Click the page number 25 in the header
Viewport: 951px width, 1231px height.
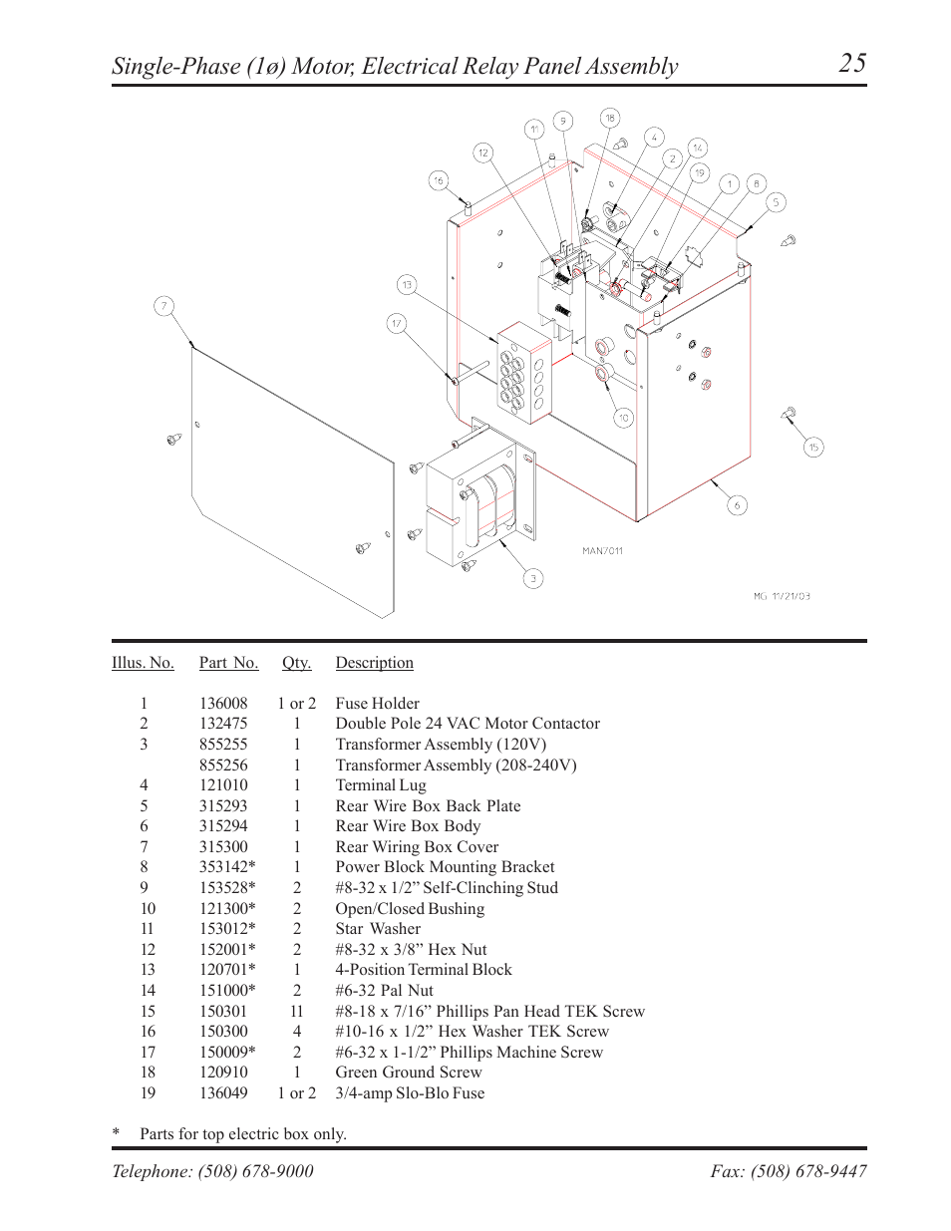[x=852, y=64]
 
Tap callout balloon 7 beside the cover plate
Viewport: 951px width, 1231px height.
[x=164, y=306]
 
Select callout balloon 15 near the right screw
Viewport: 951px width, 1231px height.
[x=813, y=448]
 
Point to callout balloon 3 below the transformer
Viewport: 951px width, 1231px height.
[x=533, y=578]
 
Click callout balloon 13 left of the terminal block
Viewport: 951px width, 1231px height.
[x=407, y=285]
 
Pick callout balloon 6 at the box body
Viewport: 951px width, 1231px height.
[x=737, y=505]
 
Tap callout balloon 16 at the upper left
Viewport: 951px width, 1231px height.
[x=439, y=180]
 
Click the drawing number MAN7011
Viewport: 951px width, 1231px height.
[x=602, y=550]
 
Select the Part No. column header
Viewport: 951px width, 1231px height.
[x=228, y=663]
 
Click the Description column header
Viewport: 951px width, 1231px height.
[x=374, y=663]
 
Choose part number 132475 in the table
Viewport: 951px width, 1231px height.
[x=223, y=724]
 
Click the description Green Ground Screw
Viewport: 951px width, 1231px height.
[x=408, y=1073]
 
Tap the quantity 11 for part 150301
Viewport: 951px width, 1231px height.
[x=296, y=1011]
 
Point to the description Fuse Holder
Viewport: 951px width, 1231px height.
[x=377, y=703]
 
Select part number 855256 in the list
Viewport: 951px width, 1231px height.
[x=223, y=765]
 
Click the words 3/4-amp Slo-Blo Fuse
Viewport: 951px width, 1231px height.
[x=410, y=1093]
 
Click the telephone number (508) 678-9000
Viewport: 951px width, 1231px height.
[x=257, y=1171]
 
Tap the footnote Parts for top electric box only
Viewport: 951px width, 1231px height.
[x=243, y=1134]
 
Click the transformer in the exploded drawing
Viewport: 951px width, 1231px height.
[x=478, y=503]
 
